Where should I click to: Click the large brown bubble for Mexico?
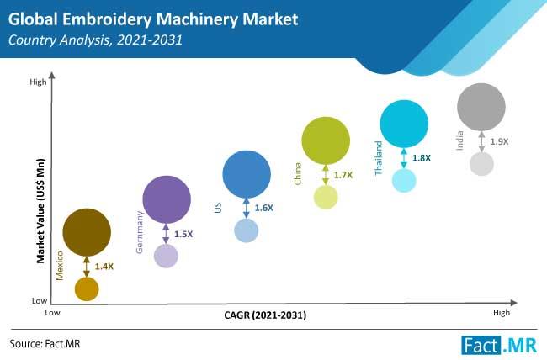click(x=87, y=232)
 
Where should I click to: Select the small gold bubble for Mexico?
click(x=87, y=289)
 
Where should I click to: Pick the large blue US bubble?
click(x=247, y=174)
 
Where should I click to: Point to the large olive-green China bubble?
click(x=326, y=140)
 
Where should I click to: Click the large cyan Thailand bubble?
click(x=404, y=124)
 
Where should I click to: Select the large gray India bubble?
click(x=481, y=106)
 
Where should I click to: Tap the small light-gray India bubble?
click(x=481, y=163)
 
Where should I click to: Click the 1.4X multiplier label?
click(x=104, y=266)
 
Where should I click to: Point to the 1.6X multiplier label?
click(x=264, y=207)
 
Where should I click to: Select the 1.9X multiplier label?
click(x=499, y=141)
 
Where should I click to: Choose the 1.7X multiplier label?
click(x=343, y=175)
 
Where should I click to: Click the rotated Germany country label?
click(x=141, y=232)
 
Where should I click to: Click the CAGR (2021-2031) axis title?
click(x=265, y=315)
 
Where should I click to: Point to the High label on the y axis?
click(x=38, y=82)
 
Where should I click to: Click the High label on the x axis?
click(x=502, y=313)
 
